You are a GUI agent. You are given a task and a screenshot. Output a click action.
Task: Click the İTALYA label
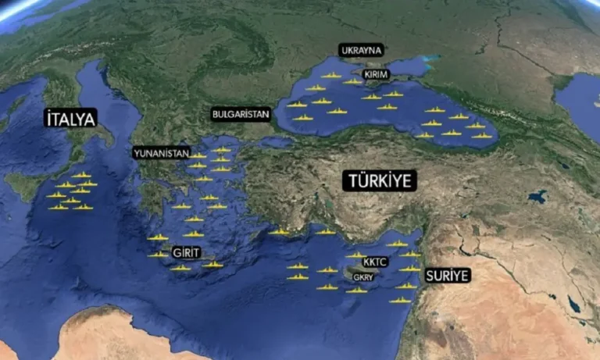pos(70,119)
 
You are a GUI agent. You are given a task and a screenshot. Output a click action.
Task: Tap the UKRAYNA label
pos(361,50)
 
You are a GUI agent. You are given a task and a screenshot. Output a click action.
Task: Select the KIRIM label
pos(376,74)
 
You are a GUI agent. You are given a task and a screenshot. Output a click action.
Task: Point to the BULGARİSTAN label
pos(241,114)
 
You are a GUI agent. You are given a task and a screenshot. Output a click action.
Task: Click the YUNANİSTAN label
pos(161,153)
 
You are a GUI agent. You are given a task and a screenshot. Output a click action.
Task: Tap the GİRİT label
pos(186,253)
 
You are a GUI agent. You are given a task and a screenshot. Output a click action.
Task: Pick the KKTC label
pos(375,262)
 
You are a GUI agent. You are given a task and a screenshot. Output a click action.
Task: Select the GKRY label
pos(363,277)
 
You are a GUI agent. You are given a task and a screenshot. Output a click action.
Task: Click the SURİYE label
pos(447,276)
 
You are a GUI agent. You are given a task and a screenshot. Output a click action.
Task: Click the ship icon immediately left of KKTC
pos(355,255)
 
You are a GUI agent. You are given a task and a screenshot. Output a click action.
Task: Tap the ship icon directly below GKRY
pos(357,290)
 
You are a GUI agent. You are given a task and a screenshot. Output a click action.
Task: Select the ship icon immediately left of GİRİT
pos(159,254)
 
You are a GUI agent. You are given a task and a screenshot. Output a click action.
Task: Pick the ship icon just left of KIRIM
pos(353,81)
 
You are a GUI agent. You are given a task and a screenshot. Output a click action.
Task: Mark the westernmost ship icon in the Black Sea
pos(297,104)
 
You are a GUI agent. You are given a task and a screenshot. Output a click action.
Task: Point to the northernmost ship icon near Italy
pos(80,175)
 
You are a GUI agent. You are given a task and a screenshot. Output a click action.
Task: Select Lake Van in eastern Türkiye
pos(537,197)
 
